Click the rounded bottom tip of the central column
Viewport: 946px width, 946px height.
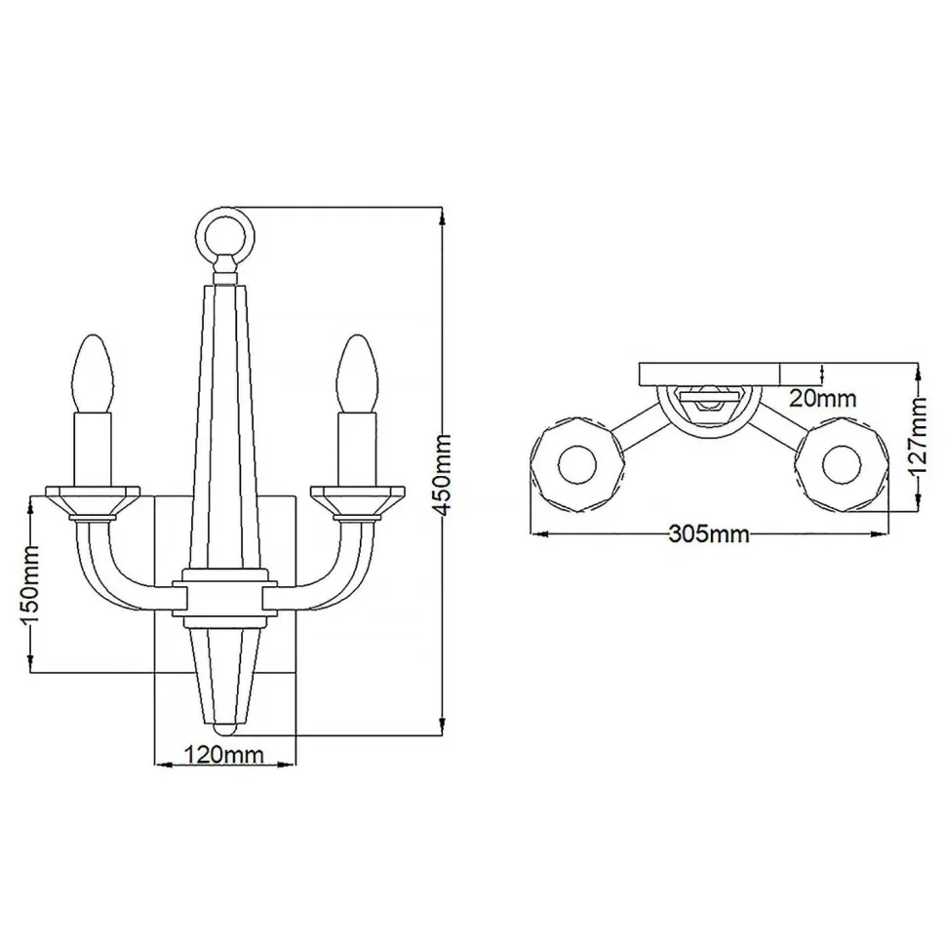[225, 727]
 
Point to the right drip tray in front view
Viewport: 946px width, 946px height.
[357, 498]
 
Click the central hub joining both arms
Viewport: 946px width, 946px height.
[225, 600]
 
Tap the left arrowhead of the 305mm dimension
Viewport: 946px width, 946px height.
[535, 534]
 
